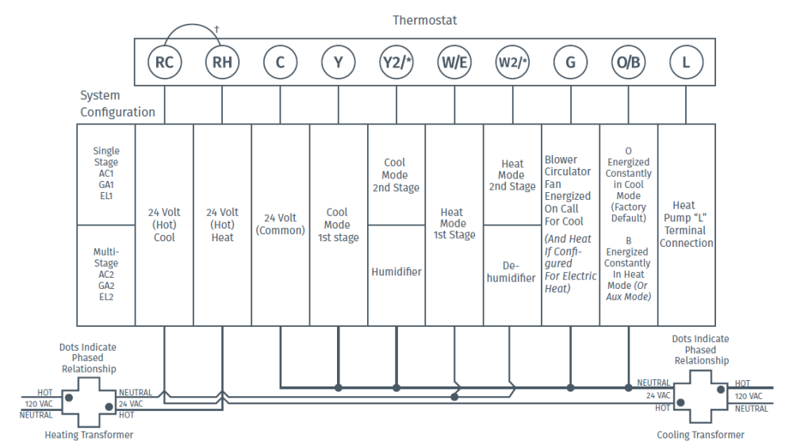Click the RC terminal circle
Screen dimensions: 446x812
[164, 63]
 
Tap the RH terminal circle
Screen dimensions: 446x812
[222, 63]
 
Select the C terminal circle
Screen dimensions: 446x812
[280, 63]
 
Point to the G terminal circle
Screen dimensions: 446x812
[570, 63]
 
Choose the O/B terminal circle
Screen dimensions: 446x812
[628, 63]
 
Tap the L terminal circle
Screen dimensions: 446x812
[686, 63]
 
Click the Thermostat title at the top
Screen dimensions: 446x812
[424, 20]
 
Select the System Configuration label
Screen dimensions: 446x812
[117, 104]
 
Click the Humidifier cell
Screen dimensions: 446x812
[396, 272]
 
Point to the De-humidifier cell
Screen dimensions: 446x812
[511, 272]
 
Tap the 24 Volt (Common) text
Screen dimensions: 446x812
[280, 224]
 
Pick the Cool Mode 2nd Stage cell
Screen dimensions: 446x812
[396, 175]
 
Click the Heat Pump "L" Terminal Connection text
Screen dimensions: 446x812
[687, 224]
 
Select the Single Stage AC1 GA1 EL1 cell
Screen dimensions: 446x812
[106, 173]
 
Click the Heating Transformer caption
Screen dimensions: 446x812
[89, 434]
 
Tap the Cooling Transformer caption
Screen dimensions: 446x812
[701, 434]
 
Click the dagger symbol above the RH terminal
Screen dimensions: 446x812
[216, 29]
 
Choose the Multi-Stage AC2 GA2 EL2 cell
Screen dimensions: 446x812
[106, 275]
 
